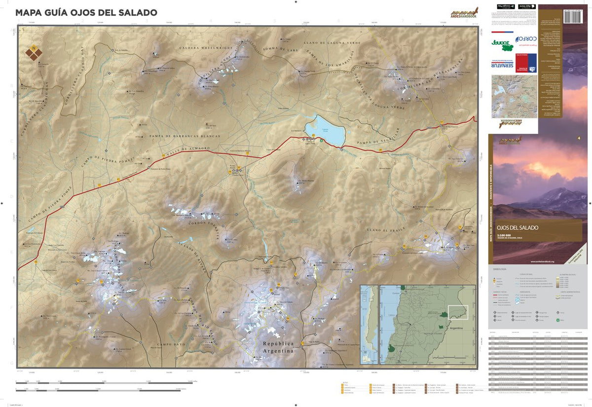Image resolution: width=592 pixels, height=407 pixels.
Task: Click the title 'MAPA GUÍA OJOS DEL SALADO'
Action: (x=86, y=12)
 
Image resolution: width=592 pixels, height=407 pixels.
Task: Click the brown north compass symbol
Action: (x=33, y=53)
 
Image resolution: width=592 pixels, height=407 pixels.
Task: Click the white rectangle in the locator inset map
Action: (x=457, y=312)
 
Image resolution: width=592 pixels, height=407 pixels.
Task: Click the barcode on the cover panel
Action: (x=576, y=14)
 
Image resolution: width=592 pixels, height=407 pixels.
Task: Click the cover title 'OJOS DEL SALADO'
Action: (x=518, y=228)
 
